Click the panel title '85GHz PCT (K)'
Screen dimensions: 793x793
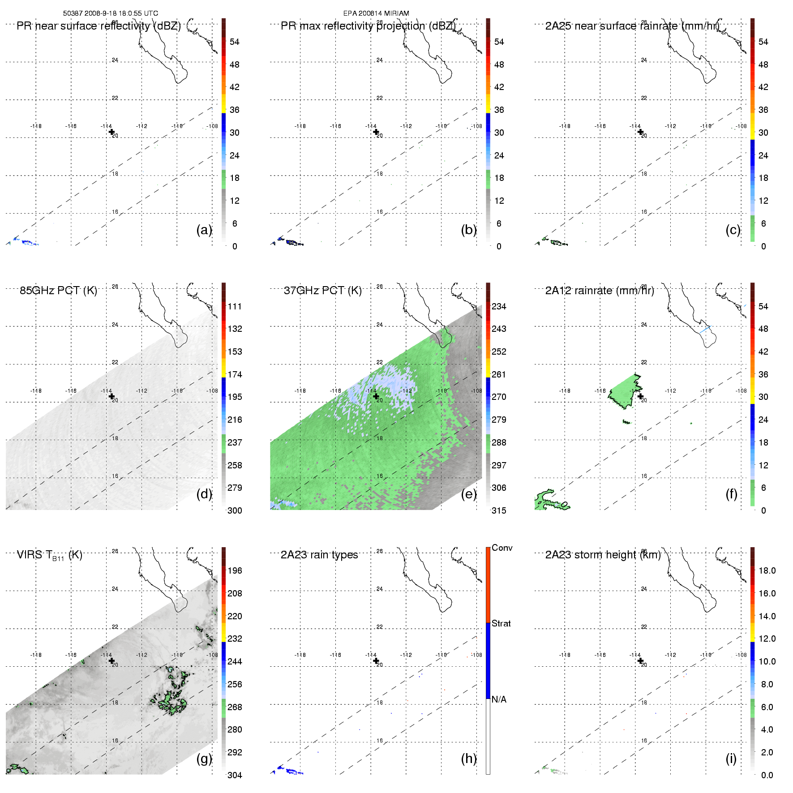point(58,291)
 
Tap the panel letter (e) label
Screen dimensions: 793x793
point(469,494)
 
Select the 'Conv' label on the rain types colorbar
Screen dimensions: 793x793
point(502,548)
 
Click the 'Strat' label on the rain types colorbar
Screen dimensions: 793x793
point(501,624)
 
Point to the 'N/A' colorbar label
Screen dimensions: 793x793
point(499,699)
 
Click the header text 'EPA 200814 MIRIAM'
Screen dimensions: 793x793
point(376,13)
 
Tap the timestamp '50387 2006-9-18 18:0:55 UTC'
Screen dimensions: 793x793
point(111,13)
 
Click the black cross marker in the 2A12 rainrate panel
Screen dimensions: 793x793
point(640,396)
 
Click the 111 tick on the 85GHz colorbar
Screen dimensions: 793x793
point(235,307)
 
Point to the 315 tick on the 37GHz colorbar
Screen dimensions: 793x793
point(499,510)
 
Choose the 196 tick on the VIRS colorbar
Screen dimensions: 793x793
point(235,571)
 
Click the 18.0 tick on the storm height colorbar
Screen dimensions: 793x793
point(767,571)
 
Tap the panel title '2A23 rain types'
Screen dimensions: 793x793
point(319,555)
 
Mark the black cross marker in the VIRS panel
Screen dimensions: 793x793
point(111,660)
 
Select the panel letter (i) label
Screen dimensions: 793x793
point(731,759)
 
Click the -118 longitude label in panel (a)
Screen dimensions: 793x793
point(36,126)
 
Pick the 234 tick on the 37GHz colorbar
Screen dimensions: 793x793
point(499,307)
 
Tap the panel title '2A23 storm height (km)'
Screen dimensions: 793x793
point(603,555)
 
